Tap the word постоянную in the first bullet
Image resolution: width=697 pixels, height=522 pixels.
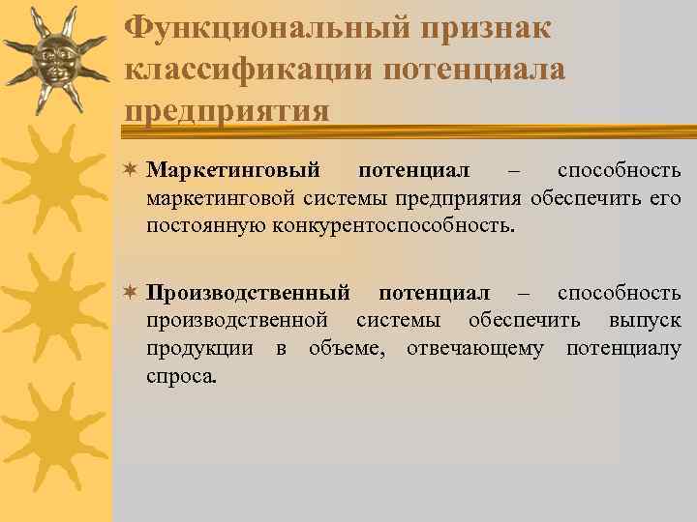tap(198, 226)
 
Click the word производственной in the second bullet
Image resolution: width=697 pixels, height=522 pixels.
tap(238, 321)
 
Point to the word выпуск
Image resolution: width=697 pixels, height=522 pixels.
tap(644, 321)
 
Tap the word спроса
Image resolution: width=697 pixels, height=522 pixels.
tap(182, 375)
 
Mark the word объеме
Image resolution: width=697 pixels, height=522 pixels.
tap(344, 348)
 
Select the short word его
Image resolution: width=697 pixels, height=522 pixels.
tap(665, 199)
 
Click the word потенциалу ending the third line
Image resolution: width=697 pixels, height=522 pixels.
tap(623, 348)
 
